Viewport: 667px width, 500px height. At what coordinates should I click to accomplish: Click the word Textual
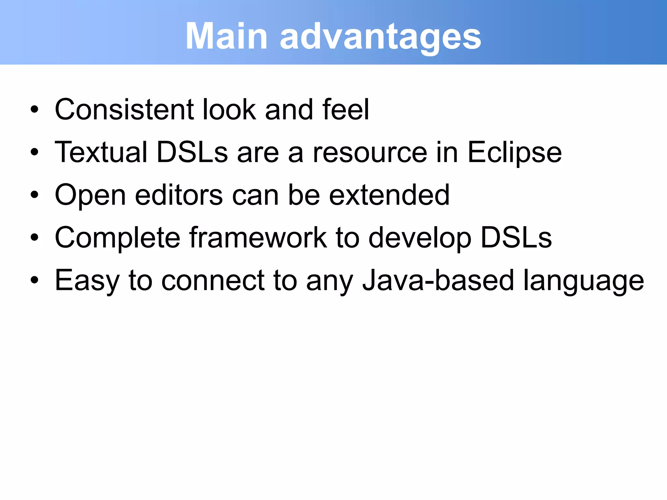101,152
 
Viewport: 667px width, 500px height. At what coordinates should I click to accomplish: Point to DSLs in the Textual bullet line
192,152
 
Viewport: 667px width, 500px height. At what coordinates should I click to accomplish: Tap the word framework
258,238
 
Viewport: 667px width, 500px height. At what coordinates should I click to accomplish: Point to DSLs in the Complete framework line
516,238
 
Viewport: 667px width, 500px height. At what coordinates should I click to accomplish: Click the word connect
213,281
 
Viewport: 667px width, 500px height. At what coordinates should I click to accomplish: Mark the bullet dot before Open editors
35,195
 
